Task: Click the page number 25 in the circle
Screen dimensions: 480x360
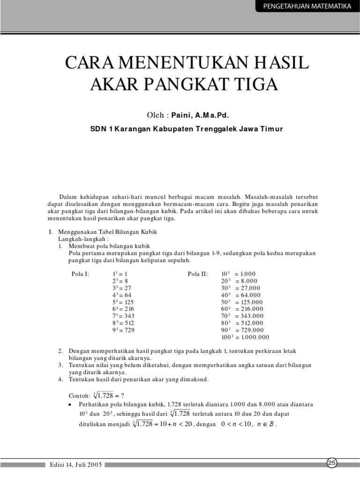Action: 332,463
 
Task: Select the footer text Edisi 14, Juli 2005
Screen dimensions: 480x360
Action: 76,465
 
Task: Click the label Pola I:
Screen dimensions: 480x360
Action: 79,274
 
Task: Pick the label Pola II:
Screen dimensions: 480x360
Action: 197,274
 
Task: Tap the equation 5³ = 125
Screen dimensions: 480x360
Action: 123,302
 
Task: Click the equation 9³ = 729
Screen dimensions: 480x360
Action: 123,330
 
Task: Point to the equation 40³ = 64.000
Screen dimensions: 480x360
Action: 242,295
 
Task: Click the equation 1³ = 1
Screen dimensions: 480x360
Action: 120,274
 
